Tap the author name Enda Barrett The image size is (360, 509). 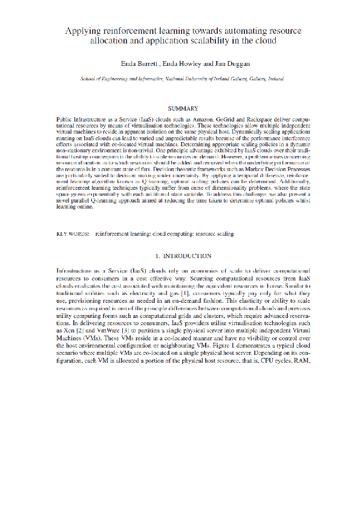(141, 63)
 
